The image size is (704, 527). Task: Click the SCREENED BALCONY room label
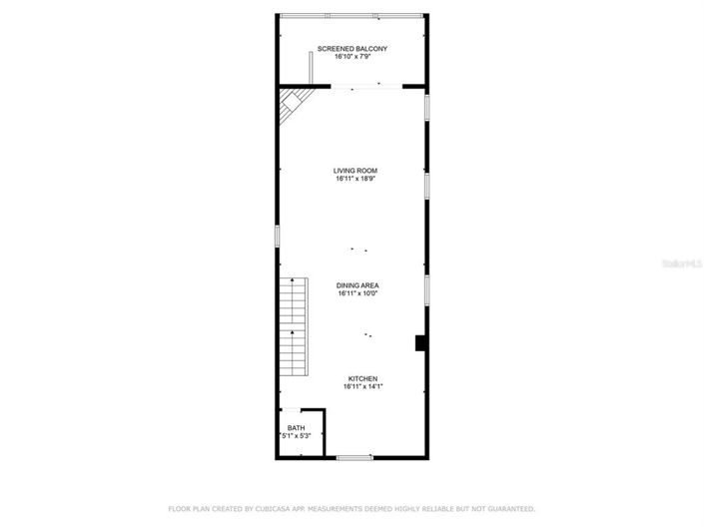point(352,49)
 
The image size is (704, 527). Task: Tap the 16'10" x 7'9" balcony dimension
point(352,57)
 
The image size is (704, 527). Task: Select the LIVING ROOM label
point(355,171)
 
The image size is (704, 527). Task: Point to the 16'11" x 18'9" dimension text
point(355,179)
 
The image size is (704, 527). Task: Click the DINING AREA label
point(357,285)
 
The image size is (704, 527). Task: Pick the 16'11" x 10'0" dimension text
point(357,293)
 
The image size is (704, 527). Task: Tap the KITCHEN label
point(361,378)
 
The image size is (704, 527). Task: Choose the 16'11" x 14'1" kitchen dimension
point(361,386)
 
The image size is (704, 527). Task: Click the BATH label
point(297,428)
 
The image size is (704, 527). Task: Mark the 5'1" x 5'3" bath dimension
point(297,436)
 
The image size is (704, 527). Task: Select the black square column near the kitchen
point(421,342)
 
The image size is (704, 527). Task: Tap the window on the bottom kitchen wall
point(352,457)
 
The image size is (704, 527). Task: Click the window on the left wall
point(278,237)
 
